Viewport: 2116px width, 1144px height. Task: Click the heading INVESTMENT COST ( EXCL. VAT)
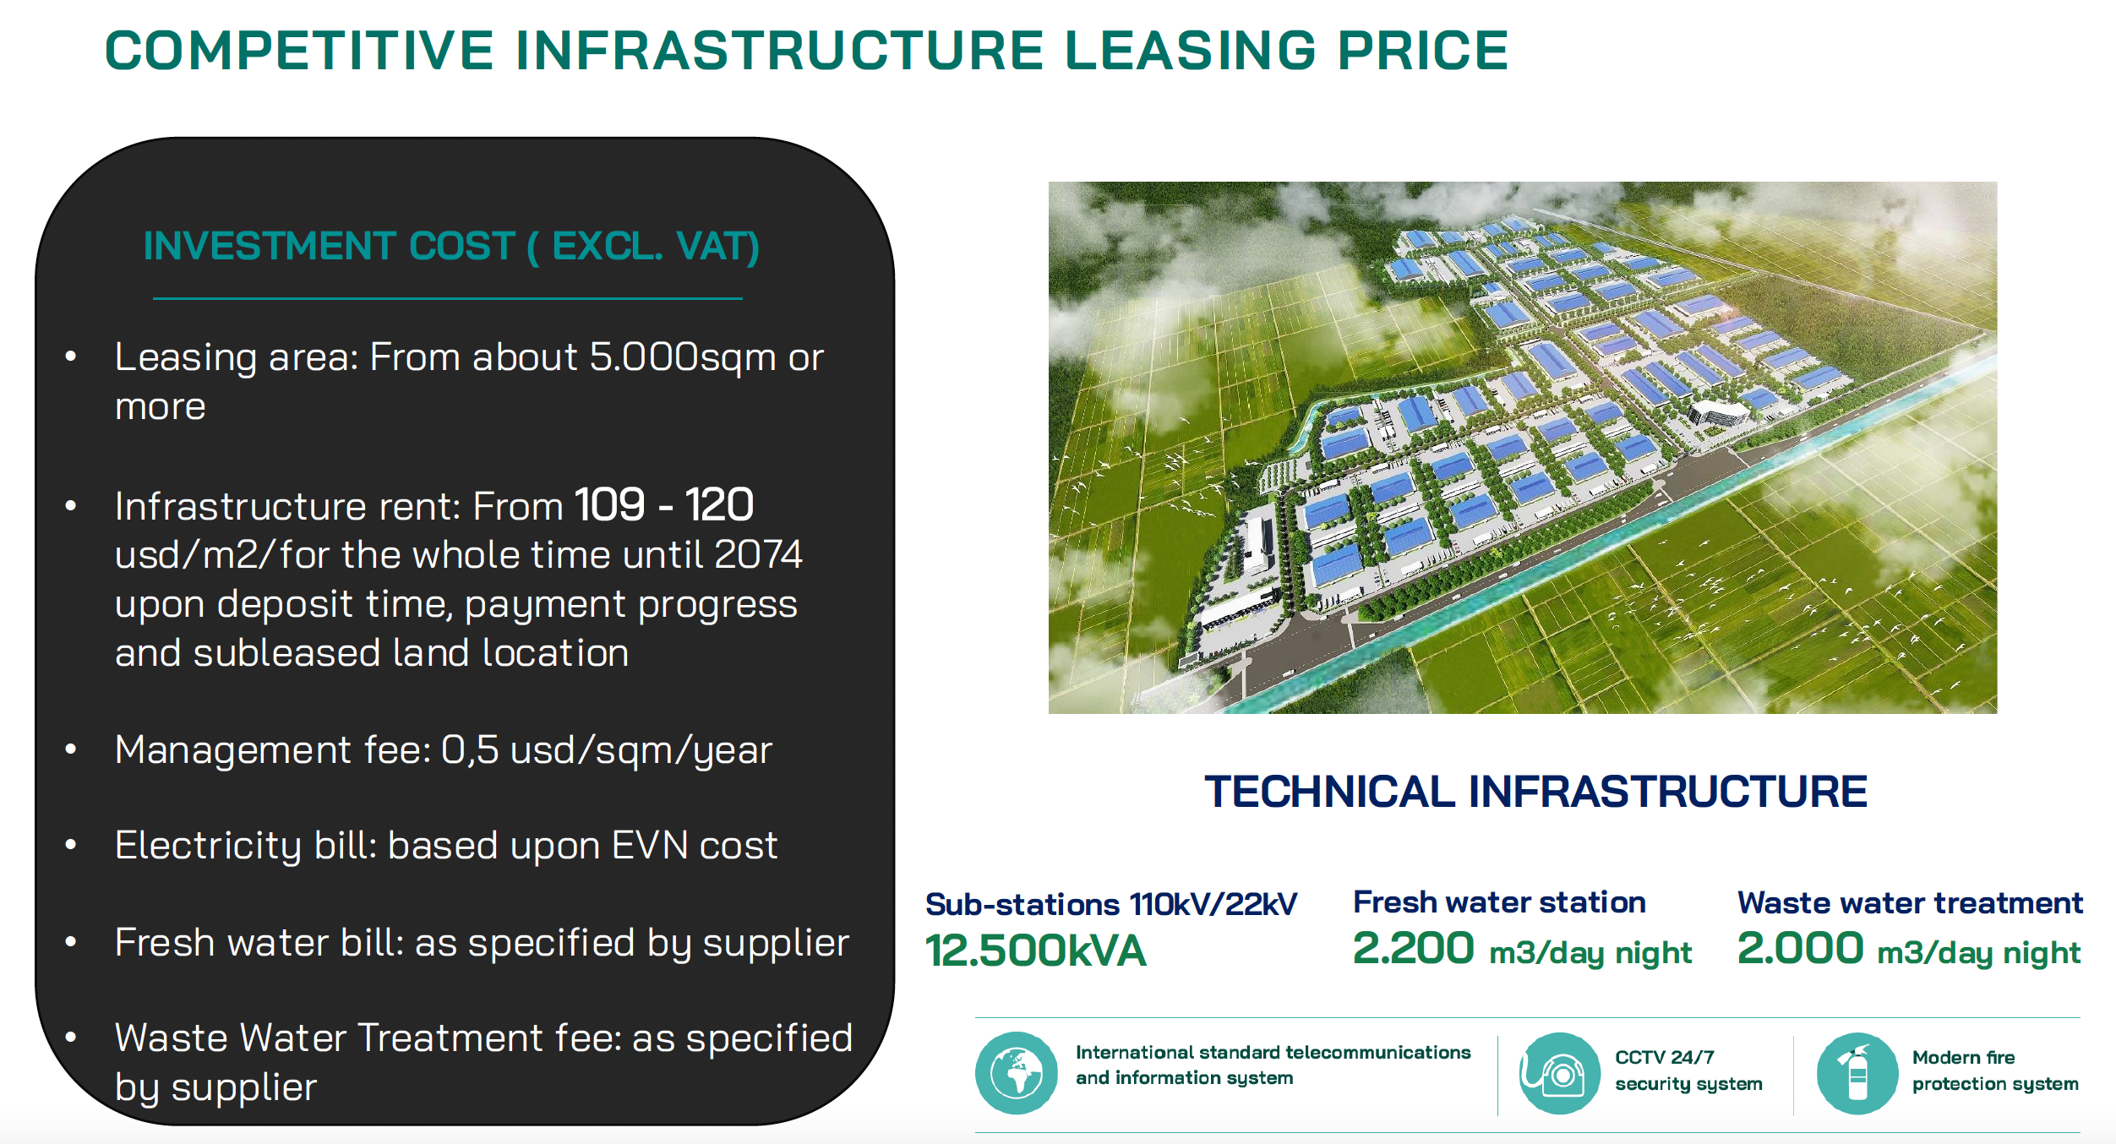coord(451,246)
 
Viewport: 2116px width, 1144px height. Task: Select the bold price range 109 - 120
coord(664,504)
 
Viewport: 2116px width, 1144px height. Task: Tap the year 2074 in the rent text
coord(758,554)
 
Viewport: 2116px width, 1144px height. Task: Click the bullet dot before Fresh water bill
coord(71,941)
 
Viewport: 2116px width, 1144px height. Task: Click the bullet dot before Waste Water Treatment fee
coord(71,1037)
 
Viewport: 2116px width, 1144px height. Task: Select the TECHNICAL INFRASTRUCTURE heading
coord(1535,792)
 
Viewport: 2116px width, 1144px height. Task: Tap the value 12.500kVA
coord(1035,951)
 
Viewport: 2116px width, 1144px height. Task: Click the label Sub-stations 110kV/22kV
coord(1111,904)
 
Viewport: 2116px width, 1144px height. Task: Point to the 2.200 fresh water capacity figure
coord(1413,948)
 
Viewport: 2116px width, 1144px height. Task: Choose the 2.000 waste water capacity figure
coord(1800,948)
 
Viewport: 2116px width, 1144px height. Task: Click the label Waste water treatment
coord(1910,902)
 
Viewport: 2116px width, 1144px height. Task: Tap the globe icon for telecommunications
coord(1017,1073)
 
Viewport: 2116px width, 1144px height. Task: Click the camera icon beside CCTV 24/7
coord(1559,1073)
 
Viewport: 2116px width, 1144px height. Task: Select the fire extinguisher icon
coord(1857,1073)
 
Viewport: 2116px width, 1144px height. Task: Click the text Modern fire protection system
coord(1995,1070)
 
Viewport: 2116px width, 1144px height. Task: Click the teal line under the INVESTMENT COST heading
coord(448,298)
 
